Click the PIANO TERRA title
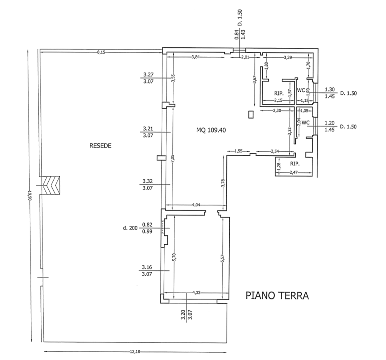[x=277, y=296]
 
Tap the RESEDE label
[x=100, y=146]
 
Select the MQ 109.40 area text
[x=211, y=130]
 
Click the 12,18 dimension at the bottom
[x=135, y=352]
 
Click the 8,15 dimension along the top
[x=101, y=52]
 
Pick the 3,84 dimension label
[x=196, y=57]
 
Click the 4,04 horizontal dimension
[x=196, y=205]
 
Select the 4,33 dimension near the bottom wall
[x=196, y=292]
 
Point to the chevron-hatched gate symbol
[x=51, y=185]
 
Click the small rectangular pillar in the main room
[x=251, y=115]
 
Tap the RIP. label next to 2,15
[x=279, y=94]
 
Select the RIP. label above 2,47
[x=295, y=164]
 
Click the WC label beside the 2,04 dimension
[x=306, y=122]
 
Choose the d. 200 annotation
[x=130, y=228]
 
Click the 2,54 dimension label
[x=275, y=151]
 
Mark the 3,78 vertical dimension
[x=223, y=183]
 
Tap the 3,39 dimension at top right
[x=288, y=58]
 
